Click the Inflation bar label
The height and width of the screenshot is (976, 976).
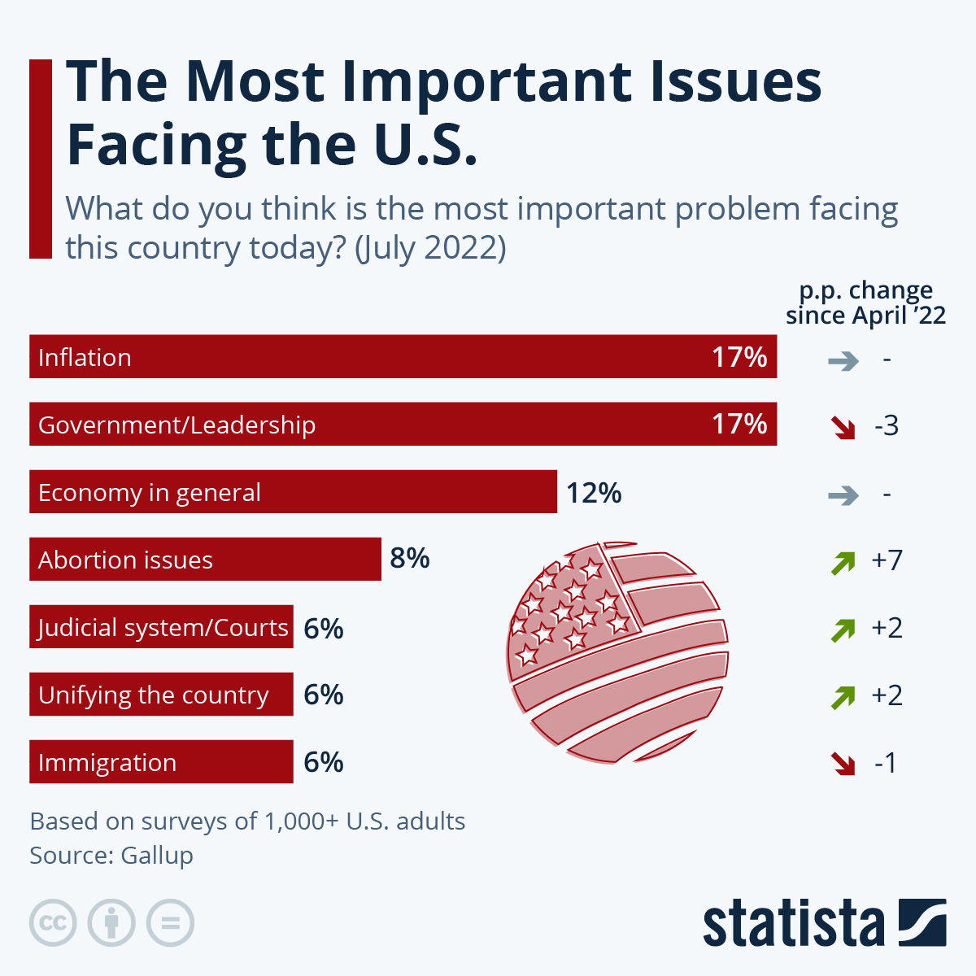click(x=85, y=358)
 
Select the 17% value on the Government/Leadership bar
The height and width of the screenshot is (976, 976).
click(x=739, y=424)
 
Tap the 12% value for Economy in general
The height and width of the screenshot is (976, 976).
click(x=594, y=493)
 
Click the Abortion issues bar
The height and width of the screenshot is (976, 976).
click(x=205, y=560)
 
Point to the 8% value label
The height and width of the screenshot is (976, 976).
click(x=410, y=559)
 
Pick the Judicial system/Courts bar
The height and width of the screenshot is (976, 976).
click(x=161, y=627)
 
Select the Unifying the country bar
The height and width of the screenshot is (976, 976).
click(x=161, y=695)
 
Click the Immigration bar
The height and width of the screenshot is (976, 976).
click(x=161, y=762)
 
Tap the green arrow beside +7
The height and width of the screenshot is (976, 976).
click(x=843, y=562)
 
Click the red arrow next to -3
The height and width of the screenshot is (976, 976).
click(x=843, y=427)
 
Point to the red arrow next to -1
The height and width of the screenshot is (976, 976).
click(x=843, y=764)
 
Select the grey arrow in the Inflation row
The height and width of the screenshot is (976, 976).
click(x=843, y=360)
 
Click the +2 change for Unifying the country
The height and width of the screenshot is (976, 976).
click(x=887, y=695)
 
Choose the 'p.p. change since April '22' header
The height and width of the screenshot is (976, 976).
click(x=865, y=303)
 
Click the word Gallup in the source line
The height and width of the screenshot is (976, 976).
click(x=157, y=856)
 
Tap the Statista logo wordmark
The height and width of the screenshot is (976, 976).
click(x=793, y=924)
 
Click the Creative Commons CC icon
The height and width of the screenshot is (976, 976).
click(x=53, y=923)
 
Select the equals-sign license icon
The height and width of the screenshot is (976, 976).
click(x=171, y=923)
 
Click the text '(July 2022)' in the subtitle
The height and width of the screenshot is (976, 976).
click(x=430, y=247)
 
